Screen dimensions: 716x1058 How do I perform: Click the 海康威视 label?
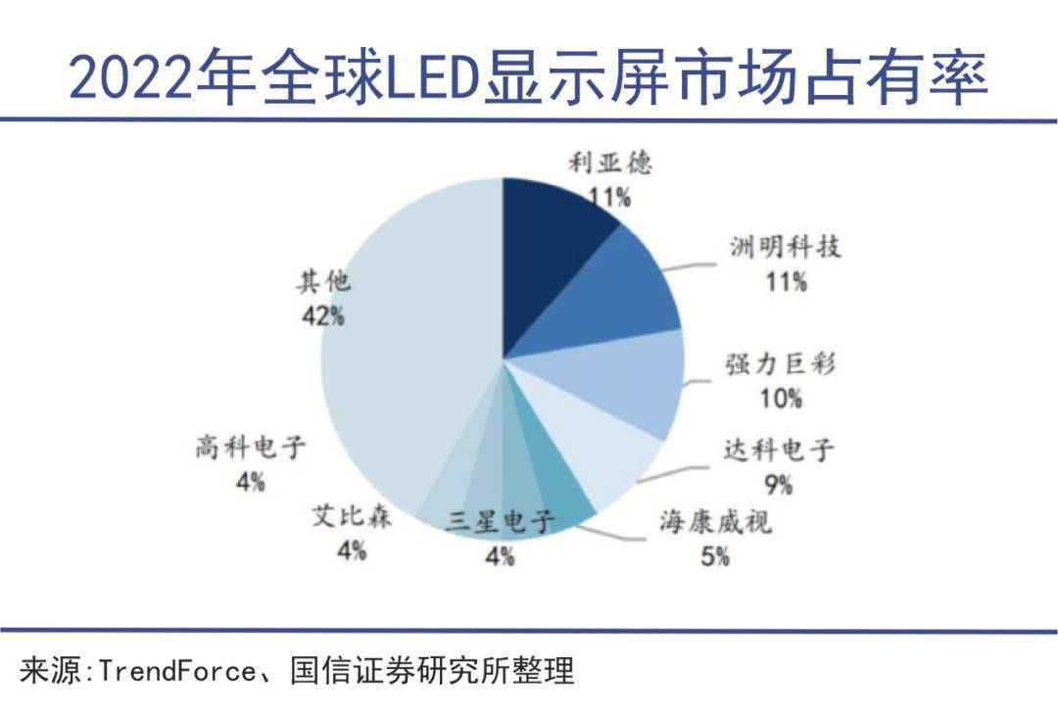tap(714, 522)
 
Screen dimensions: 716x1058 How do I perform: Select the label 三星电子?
tap(500, 522)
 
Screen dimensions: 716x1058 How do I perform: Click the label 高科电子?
tap(251, 449)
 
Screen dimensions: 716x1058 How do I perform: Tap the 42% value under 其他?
tap(323, 315)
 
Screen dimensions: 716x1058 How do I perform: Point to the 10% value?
tap(780, 399)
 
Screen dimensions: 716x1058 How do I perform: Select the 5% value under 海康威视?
tap(714, 556)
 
